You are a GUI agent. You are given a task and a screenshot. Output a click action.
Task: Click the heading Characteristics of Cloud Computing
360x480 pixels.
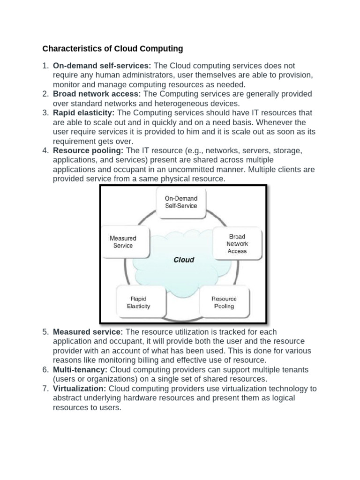(x=112, y=49)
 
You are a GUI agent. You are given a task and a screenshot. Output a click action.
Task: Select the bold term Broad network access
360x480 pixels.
(x=97, y=94)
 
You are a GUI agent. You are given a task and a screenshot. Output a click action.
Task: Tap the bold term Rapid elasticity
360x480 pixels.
(x=84, y=113)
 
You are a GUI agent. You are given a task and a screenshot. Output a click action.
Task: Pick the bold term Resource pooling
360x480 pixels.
(x=88, y=150)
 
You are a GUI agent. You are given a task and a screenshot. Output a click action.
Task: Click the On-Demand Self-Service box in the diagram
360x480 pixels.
(x=181, y=202)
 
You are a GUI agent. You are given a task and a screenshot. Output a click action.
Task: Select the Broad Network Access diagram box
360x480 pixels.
(x=237, y=244)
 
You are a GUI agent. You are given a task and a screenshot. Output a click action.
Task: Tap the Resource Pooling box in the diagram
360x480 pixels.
(x=224, y=302)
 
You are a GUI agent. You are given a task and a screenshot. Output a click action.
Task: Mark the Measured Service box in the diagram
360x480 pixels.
(x=123, y=242)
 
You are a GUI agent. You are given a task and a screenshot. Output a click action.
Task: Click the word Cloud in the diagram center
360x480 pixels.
(x=184, y=259)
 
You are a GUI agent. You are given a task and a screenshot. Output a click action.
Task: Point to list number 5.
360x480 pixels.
(x=45, y=332)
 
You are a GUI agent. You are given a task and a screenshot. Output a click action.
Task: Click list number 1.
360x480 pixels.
(x=45, y=66)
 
